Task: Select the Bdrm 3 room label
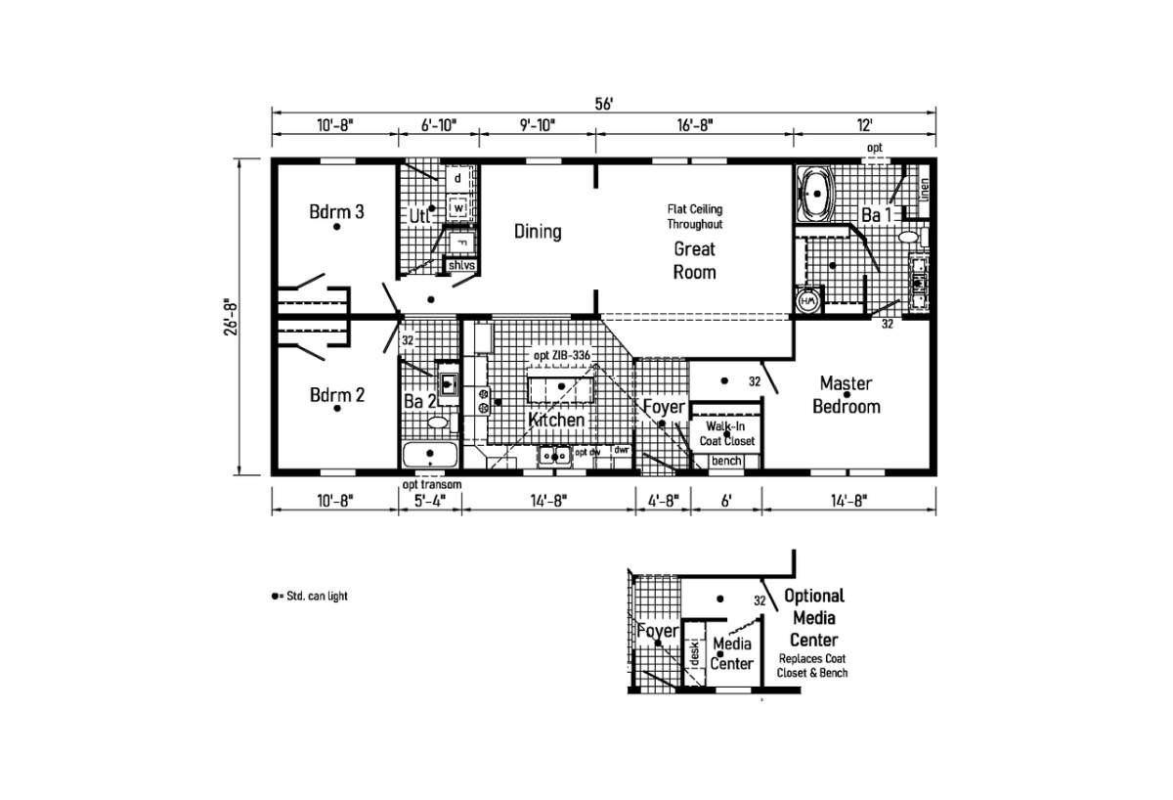coord(337,211)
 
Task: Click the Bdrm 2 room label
coord(337,395)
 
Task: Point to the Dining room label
coord(538,232)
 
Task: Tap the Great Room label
coord(694,260)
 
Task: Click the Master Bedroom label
coord(847,395)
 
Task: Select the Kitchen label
coord(556,420)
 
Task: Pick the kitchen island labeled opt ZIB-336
coord(560,388)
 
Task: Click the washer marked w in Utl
coord(456,207)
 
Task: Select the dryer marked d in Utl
coord(456,179)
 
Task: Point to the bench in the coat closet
coord(725,461)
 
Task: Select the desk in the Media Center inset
coord(693,652)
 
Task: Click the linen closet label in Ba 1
coord(924,189)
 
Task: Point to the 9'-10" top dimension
coord(537,124)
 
